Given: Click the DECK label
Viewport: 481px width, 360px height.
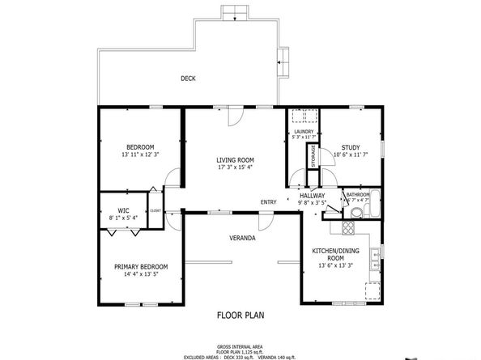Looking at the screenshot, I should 188,78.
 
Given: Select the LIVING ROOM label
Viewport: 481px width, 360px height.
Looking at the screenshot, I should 235,160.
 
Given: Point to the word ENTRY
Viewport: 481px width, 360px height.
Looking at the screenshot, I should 268,201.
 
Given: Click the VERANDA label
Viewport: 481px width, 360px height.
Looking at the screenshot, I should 242,239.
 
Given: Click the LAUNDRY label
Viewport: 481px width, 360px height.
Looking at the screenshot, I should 304,132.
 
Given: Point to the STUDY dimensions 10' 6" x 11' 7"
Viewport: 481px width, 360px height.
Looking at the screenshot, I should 350,155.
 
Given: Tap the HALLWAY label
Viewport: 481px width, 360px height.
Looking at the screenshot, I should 312,195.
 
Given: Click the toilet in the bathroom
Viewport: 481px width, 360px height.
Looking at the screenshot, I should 357,213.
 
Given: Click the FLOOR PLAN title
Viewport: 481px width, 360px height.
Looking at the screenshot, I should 240,316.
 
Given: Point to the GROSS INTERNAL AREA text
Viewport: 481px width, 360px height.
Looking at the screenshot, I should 240,344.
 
